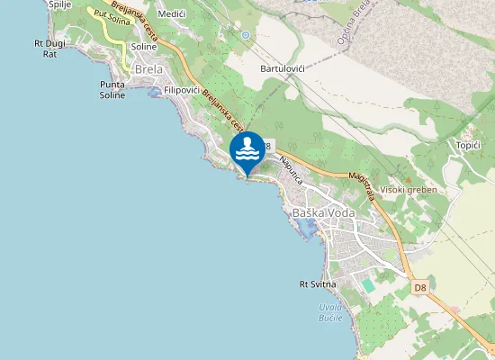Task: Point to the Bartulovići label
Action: (283, 68)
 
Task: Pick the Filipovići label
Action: (187, 91)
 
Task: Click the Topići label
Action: (468, 145)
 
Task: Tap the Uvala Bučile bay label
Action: (330, 313)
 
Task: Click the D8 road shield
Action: (420, 288)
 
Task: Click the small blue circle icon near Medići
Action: (245, 34)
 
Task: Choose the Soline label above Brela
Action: (143, 46)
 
